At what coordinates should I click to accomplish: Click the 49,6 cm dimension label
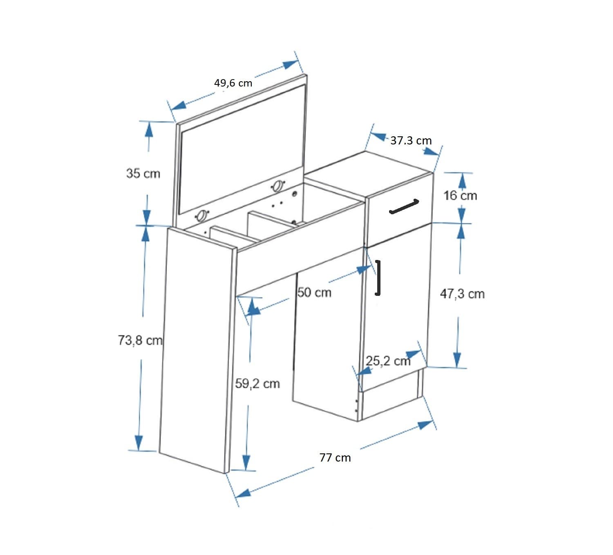233,83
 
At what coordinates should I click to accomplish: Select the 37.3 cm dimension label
411,141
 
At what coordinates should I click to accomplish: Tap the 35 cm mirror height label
143,173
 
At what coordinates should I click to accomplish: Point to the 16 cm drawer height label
460,196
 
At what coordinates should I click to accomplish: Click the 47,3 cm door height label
462,294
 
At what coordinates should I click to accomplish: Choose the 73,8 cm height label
140,340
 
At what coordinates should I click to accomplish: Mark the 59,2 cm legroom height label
257,384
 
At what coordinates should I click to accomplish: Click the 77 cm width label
335,458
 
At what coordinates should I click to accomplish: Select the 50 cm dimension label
314,292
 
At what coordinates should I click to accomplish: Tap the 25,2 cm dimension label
388,361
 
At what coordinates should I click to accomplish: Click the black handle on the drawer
404,206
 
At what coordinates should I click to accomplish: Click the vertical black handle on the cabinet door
379,277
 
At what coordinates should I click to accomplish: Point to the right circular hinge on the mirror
278,186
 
